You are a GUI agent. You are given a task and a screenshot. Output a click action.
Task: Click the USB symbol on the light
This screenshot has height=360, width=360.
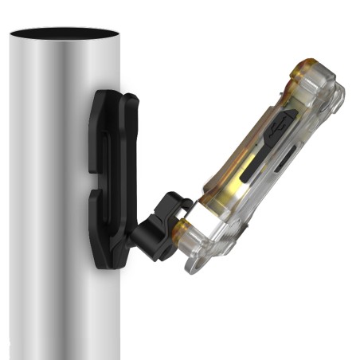[280, 127]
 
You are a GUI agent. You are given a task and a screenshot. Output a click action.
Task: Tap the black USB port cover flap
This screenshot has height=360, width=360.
[276, 135]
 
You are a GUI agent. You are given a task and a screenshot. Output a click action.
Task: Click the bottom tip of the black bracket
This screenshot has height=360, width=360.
[104, 263]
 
